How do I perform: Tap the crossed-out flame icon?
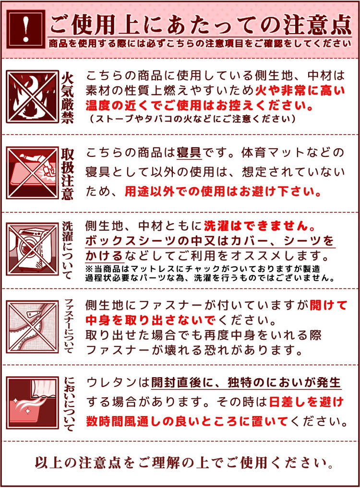click(x=32, y=96)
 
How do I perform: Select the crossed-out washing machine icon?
click(x=32, y=250)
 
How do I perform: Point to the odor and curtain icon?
click(x=32, y=402)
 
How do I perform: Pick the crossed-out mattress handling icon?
click(x=32, y=173)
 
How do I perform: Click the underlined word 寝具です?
click(x=195, y=153)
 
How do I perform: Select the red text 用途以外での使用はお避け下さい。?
click(x=223, y=192)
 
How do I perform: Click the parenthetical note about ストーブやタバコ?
click(x=192, y=118)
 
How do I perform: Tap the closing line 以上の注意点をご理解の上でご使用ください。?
click(x=184, y=463)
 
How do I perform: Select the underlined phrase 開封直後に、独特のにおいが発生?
click(x=246, y=382)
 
